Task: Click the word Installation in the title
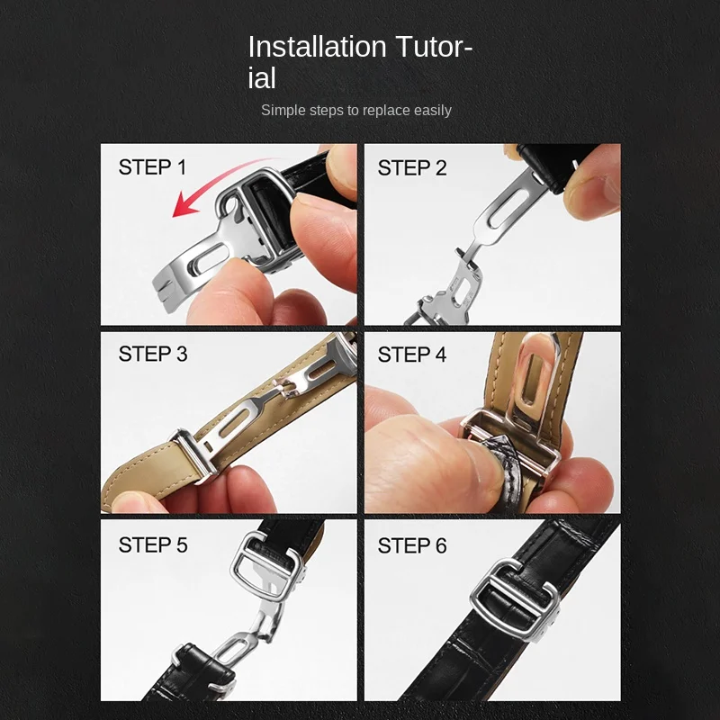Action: (x=317, y=47)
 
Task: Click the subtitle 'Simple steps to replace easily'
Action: (x=355, y=110)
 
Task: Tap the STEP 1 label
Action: (x=152, y=166)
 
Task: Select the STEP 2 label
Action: (x=412, y=167)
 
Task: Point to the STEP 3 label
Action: (x=153, y=354)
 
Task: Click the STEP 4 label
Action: (x=412, y=355)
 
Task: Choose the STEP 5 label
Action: (x=153, y=545)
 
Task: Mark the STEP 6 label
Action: (x=412, y=545)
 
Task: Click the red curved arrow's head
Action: (x=184, y=205)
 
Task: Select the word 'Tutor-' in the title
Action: (x=434, y=47)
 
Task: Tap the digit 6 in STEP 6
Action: (x=441, y=545)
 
